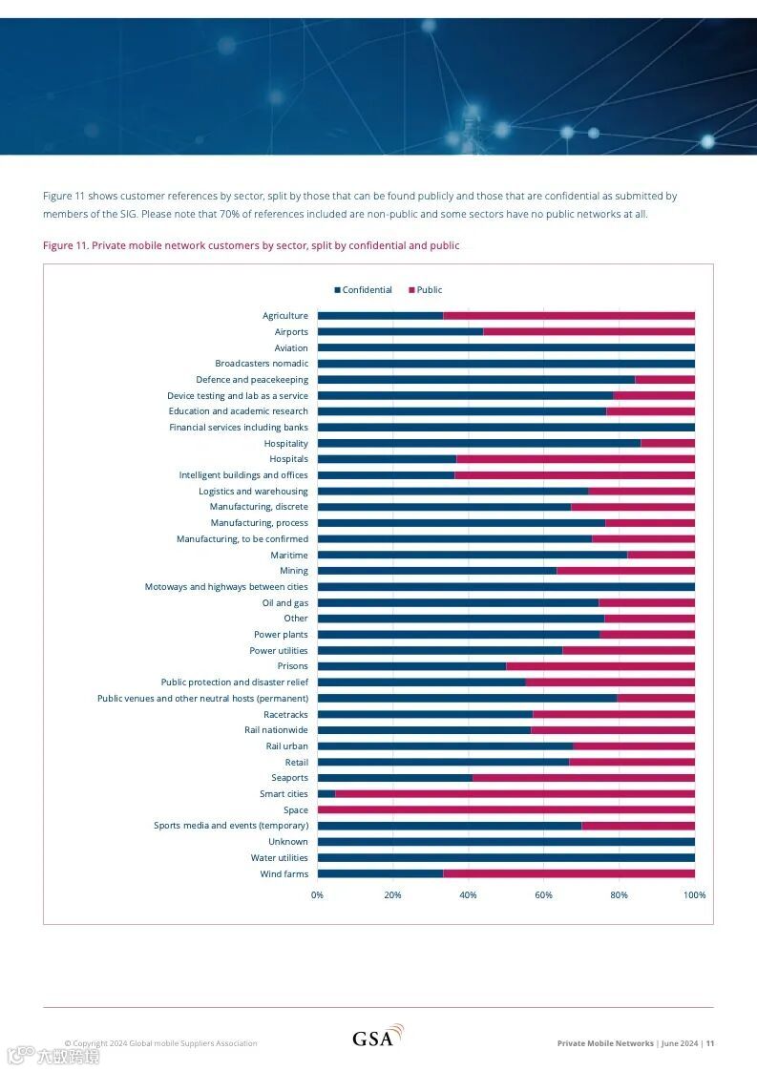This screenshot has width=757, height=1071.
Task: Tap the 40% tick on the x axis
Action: pyautogui.click(x=468, y=895)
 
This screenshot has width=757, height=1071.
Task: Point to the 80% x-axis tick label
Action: pyautogui.click(x=619, y=895)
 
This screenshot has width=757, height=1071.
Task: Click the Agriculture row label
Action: pyautogui.click(x=285, y=316)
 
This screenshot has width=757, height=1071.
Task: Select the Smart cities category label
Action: pyautogui.click(x=284, y=794)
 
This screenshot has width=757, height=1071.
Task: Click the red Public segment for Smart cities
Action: pyautogui.click(x=515, y=794)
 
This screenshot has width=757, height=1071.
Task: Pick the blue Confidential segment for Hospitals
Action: pyautogui.click(x=387, y=459)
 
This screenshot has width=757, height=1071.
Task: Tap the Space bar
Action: pyautogui.click(x=506, y=810)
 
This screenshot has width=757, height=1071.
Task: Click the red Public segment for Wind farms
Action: pyautogui.click(x=569, y=873)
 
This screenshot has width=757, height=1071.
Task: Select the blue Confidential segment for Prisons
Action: pyautogui.click(x=411, y=666)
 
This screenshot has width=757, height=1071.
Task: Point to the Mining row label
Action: pyautogui.click(x=294, y=571)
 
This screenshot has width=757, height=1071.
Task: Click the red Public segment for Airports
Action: pyautogui.click(x=589, y=332)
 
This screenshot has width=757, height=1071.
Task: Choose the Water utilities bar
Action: pyautogui.click(x=506, y=858)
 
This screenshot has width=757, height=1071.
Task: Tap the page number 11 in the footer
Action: pyautogui.click(x=709, y=1043)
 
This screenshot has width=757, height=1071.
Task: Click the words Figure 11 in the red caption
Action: pyautogui.click(x=64, y=246)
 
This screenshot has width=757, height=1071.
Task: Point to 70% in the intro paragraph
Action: pyautogui.click(x=228, y=214)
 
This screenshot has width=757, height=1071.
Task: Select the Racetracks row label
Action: pyautogui.click(x=285, y=714)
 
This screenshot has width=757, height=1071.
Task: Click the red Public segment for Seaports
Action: pyautogui.click(x=583, y=778)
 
